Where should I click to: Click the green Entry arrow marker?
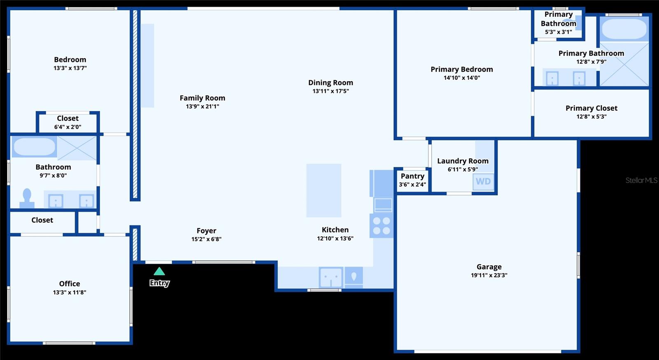[x=159, y=271]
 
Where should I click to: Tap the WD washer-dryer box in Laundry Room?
[x=483, y=182]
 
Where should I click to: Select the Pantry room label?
[x=412, y=176]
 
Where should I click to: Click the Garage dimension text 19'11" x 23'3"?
[x=489, y=276]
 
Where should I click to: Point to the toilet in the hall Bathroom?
[x=27, y=198]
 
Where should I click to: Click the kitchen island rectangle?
[x=324, y=190]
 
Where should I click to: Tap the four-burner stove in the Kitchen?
[x=381, y=226]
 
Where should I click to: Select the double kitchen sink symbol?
[x=331, y=278]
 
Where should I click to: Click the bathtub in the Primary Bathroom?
[x=624, y=28]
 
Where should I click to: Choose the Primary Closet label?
[x=591, y=108]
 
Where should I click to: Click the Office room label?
[x=70, y=283]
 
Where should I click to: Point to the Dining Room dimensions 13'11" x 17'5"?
[x=330, y=91]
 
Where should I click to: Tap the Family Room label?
[x=202, y=98]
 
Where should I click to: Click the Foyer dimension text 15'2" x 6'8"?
[x=206, y=239]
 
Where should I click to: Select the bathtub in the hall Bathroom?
[x=34, y=147]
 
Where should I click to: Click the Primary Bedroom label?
[x=461, y=69]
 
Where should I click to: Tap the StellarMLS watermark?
[x=641, y=180]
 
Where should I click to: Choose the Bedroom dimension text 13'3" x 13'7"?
[x=70, y=68]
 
